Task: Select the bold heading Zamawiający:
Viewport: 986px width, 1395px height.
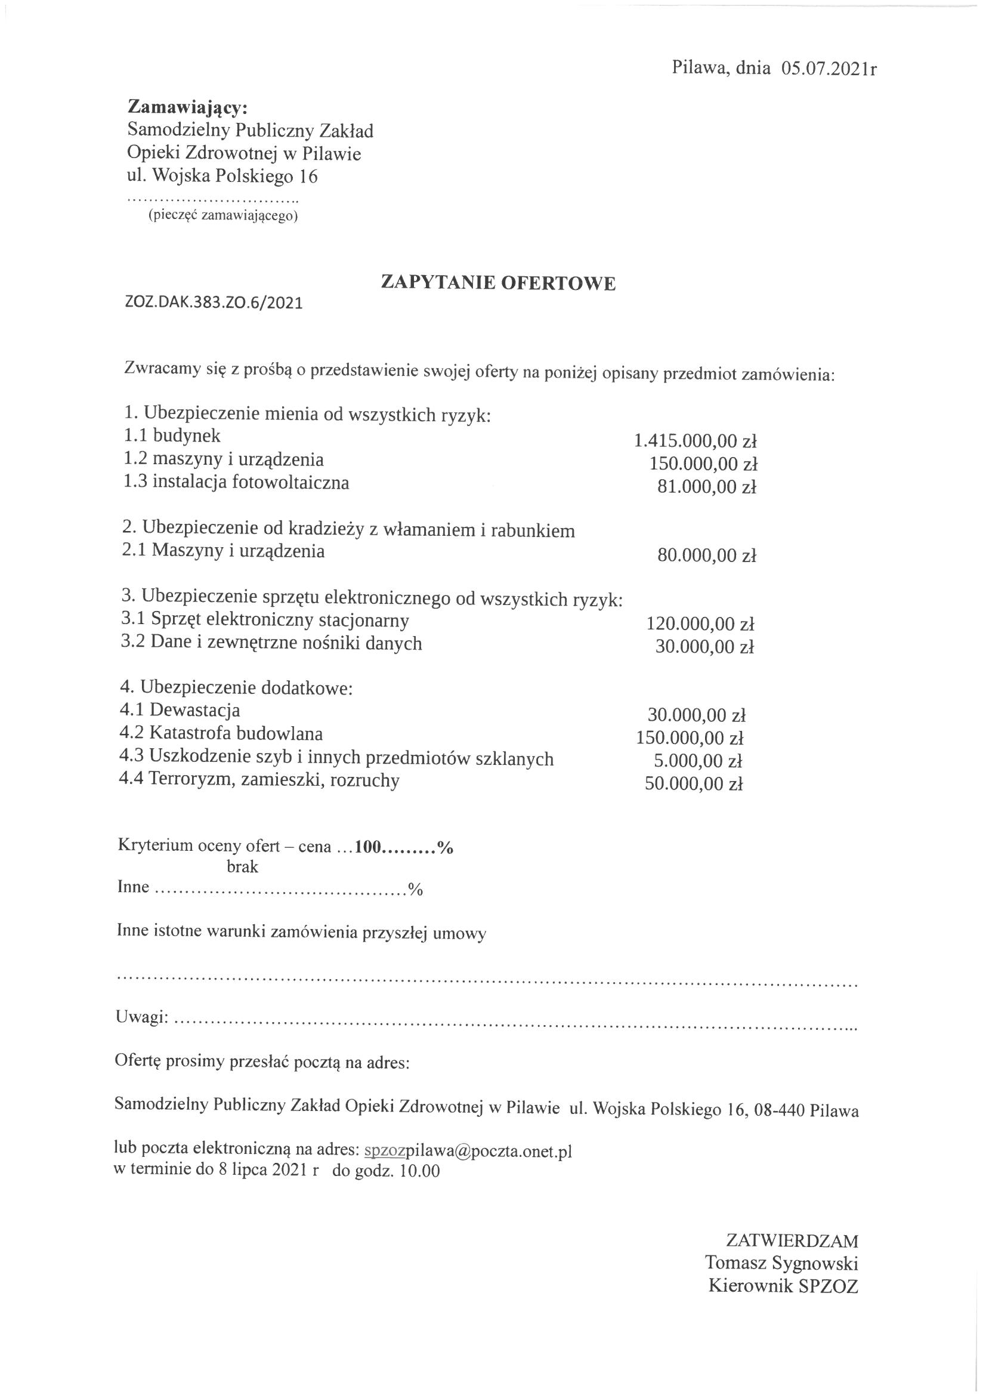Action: tap(187, 107)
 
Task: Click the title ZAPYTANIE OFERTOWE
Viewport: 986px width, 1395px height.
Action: tap(497, 283)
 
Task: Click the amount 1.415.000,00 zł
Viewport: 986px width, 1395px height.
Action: tap(694, 440)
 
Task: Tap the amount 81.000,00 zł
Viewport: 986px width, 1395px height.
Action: tap(706, 487)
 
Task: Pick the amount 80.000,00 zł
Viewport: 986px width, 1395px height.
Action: tap(706, 555)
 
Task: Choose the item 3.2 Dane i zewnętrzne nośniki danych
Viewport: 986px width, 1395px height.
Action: tap(271, 643)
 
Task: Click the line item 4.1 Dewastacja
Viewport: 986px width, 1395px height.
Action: tap(180, 709)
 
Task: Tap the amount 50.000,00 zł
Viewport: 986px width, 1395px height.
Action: tap(694, 785)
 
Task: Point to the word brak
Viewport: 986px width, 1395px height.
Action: tap(242, 867)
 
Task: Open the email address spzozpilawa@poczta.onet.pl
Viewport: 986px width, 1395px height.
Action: tap(467, 1152)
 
